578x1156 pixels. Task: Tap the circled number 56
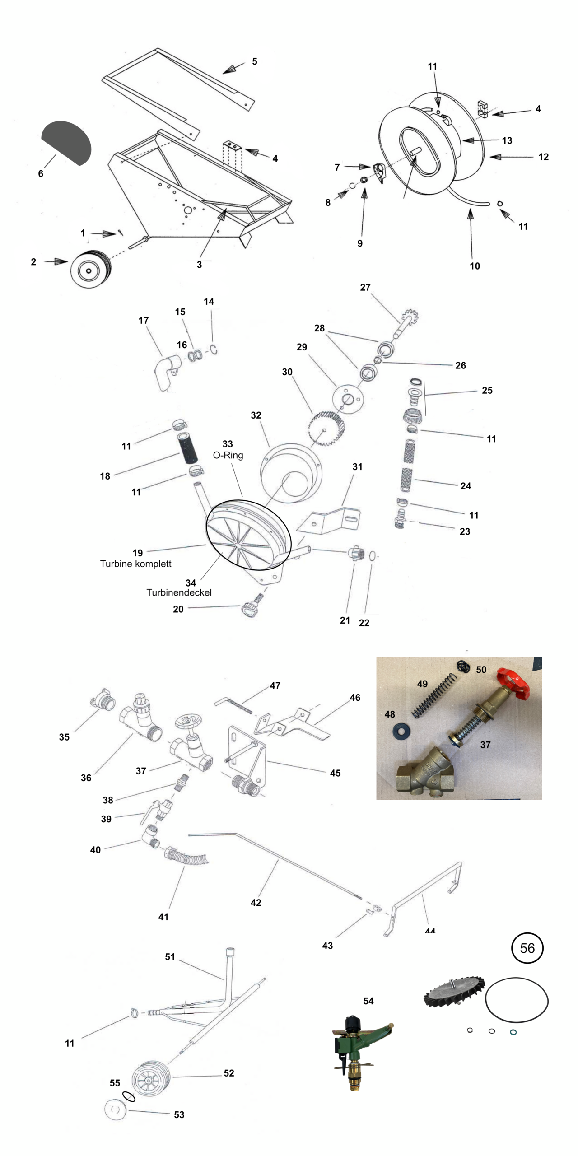[527, 948]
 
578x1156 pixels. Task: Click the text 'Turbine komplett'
[135, 564]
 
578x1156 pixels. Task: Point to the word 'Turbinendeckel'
[179, 592]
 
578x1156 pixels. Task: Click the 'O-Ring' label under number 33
[228, 455]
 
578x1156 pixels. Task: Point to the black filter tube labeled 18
[187, 448]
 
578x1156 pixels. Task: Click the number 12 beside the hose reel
[543, 157]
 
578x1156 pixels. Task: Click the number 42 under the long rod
[256, 902]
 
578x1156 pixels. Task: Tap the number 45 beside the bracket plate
[335, 773]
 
